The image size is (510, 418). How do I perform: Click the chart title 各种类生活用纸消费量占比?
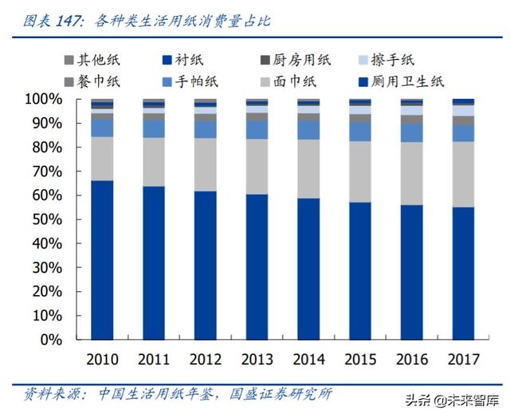[178, 21]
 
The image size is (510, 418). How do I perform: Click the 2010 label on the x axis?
[101, 358]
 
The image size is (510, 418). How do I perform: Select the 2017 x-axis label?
[463, 358]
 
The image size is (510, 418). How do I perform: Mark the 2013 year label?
[257, 358]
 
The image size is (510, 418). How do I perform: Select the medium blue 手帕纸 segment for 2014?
[308, 129]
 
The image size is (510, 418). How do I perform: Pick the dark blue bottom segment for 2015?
[359, 270]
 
